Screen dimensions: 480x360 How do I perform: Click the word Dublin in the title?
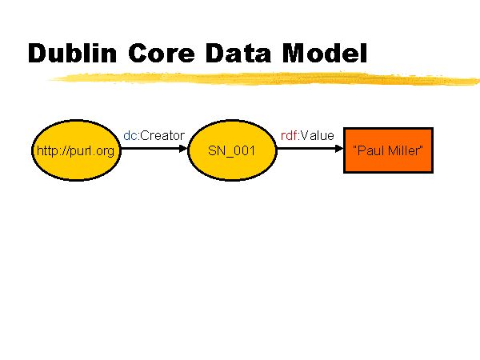[73, 53]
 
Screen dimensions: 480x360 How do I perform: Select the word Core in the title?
[162, 53]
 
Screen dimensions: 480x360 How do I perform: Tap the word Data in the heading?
[238, 53]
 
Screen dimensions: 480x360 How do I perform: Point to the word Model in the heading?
[325, 53]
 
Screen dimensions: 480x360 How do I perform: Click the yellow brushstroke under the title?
[263, 78]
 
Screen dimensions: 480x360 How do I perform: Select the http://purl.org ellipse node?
[76, 150]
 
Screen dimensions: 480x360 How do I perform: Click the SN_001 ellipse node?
[232, 150]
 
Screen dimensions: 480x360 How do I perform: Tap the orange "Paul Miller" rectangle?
[388, 150]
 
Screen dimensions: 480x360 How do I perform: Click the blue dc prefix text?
[130, 136]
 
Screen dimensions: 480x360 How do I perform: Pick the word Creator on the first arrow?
[162, 136]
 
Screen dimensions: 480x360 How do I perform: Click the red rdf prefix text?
[289, 136]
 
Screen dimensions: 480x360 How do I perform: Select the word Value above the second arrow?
[317, 136]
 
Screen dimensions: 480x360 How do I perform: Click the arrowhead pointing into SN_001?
[183, 149]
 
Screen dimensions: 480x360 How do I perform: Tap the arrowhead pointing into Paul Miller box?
[339, 149]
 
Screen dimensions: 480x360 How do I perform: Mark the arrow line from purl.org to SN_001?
[154, 149]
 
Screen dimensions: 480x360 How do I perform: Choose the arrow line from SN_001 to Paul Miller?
[310, 149]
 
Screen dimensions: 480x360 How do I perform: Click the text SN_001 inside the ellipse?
[231, 151]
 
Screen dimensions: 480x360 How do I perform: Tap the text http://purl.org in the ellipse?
[76, 151]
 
